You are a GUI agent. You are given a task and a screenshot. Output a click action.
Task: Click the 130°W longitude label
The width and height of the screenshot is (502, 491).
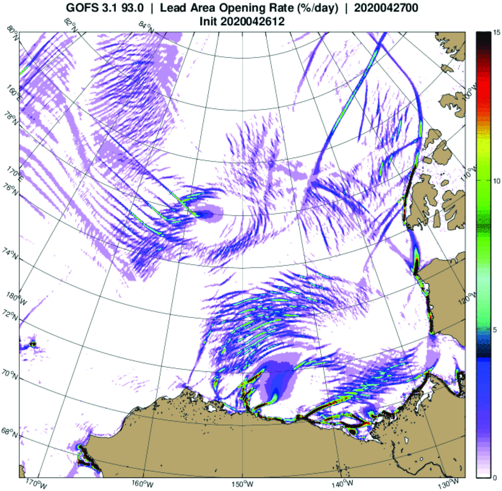point(451,483)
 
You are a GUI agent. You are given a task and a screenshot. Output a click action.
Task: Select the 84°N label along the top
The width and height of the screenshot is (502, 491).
point(146,27)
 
